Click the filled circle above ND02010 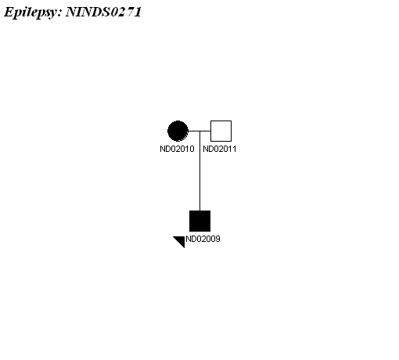click(x=178, y=131)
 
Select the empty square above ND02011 click(x=221, y=131)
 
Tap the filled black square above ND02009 click(x=199, y=221)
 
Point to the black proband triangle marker click(x=181, y=240)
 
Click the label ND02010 click(x=177, y=149)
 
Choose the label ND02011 click(x=220, y=149)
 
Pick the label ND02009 click(x=203, y=239)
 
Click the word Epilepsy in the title click(x=30, y=13)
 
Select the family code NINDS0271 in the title click(x=103, y=12)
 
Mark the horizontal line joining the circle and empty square click(x=199, y=131)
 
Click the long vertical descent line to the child click(x=199, y=171)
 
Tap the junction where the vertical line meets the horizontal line click(x=199, y=131)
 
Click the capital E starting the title click(x=9, y=12)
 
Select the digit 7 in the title click(x=131, y=12)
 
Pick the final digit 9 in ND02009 click(x=218, y=239)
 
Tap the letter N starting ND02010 click(x=162, y=149)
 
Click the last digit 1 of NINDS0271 click(x=138, y=12)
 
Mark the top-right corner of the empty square click(x=232, y=121)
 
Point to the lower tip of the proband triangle click(x=185, y=248)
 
